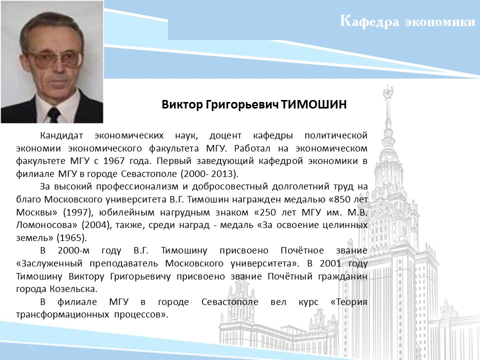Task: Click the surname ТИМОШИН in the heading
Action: [314, 104]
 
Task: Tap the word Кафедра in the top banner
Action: [369, 21]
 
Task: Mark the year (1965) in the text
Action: [71, 238]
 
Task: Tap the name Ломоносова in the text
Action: [46, 225]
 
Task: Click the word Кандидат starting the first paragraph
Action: [61, 135]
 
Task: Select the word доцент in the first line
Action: [225, 135]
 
